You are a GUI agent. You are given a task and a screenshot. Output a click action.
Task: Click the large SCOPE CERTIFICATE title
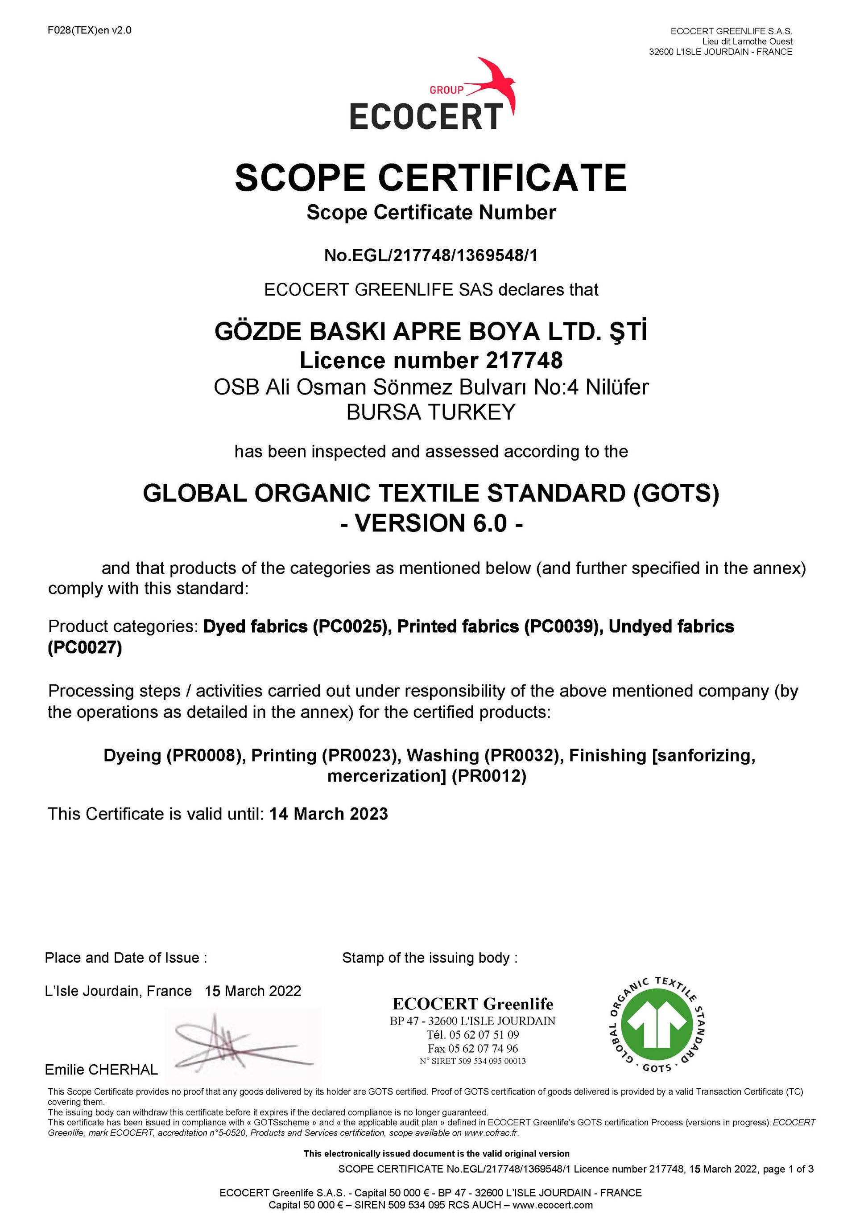431,178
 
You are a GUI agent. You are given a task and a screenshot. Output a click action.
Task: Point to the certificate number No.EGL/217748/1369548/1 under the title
431,256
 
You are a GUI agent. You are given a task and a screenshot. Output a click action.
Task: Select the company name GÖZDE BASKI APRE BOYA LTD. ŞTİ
431,332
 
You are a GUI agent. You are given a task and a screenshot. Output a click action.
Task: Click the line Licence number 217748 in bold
431,360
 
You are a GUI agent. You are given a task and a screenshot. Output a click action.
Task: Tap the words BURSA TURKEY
431,412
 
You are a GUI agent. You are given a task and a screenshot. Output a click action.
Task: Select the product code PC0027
85,648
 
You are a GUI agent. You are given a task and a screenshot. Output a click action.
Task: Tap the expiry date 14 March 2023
328,814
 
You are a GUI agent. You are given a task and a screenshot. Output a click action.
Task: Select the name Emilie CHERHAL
101,1070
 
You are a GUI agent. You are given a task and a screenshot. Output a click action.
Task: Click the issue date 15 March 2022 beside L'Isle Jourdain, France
252,991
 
